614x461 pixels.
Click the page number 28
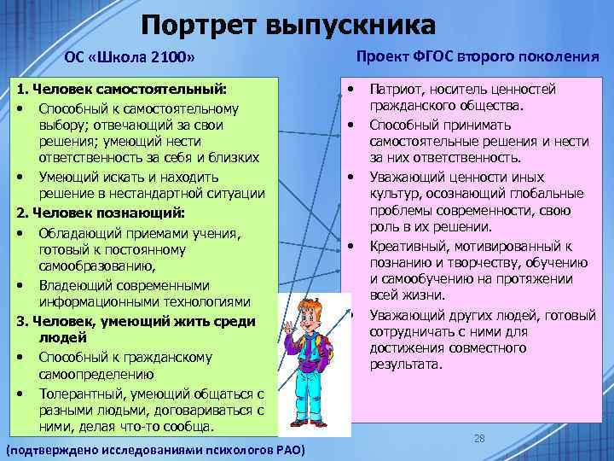(479, 438)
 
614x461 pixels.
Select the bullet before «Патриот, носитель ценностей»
(350, 89)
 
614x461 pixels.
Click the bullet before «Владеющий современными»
(20, 285)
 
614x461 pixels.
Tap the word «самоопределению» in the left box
(96, 374)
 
